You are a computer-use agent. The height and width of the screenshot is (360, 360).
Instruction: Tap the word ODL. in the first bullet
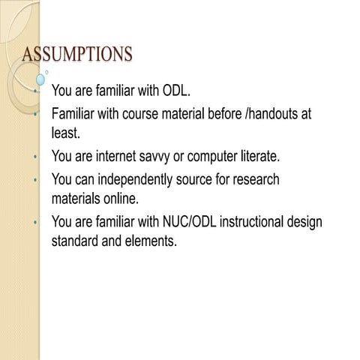[x=177, y=91]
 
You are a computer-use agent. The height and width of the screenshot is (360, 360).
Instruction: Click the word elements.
[x=150, y=243]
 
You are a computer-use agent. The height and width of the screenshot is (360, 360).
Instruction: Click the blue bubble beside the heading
[x=40, y=77]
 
